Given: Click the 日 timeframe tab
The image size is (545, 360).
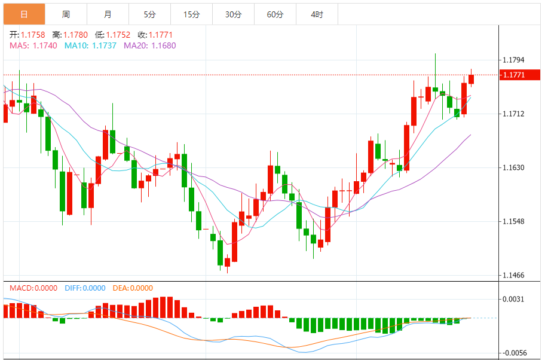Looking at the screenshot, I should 24,14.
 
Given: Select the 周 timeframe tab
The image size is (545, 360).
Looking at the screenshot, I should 66,14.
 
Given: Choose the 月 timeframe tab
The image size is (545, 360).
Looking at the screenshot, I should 108,14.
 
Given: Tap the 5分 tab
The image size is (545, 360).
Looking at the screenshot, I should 149,14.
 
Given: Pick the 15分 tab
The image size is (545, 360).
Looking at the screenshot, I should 191,14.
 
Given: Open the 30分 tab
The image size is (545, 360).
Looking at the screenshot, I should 233,14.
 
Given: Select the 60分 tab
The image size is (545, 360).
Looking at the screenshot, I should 275,14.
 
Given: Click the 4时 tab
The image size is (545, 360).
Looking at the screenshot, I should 317,14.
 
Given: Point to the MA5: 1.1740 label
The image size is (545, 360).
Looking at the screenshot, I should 33,45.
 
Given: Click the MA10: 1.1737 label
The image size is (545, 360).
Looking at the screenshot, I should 90,45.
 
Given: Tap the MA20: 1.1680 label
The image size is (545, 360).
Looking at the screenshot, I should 149,45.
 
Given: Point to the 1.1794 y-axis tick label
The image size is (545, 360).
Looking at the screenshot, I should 514,60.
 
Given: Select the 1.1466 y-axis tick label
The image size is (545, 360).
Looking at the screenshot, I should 514,276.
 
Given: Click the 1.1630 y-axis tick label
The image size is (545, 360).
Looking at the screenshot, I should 514,168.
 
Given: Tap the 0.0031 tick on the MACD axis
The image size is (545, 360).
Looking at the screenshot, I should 514,300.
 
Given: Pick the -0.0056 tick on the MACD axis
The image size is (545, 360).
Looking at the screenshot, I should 514,353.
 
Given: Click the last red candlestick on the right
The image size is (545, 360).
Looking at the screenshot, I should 471,79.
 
